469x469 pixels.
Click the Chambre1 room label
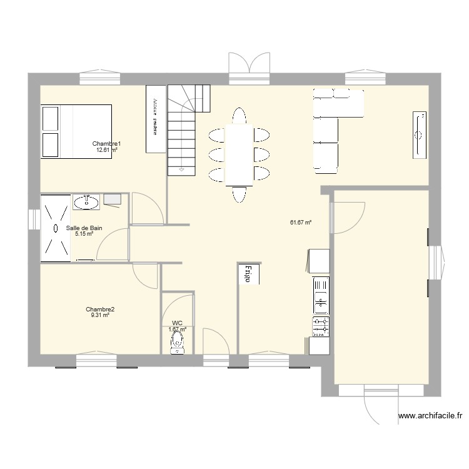pos(106,144)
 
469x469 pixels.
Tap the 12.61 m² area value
pos(107,150)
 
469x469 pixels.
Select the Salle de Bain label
pos(84,228)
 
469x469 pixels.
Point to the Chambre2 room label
pos(100,309)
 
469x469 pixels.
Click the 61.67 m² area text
pos(301,222)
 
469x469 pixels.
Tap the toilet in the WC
pos(178,342)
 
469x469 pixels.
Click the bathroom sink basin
pos(86,201)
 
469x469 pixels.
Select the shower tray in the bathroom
pos(56,227)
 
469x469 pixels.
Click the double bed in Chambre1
pos(76,131)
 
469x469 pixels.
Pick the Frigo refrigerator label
pos(248,274)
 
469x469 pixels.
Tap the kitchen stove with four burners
pos(321,326)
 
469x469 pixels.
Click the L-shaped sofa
pos(328,125)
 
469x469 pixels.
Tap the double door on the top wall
pos(249,66)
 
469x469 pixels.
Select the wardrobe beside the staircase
pos(154,118)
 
